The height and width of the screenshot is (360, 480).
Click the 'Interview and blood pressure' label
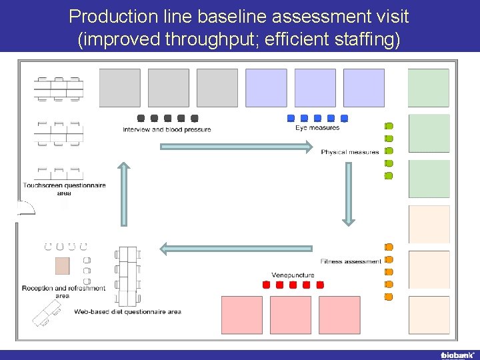pos(167,129)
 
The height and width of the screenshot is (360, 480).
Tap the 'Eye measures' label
pos(317,128)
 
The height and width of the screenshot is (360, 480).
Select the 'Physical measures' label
pos(350,152)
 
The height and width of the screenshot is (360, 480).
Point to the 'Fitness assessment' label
pos(351,261)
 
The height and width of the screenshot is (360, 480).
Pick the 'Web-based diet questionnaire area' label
pos(127,311)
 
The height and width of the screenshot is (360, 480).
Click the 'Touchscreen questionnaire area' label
pos(64,189)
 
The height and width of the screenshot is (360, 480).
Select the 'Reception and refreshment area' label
pos(63,292)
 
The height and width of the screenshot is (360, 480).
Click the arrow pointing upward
pos(123,194)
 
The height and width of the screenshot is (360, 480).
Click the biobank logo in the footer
pos(457,355)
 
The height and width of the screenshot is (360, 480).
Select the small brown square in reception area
pos(63,266)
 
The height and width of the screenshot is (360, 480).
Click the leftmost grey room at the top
pos(120,87)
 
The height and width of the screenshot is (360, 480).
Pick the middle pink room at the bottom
pos(291,315)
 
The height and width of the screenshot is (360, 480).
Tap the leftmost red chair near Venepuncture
pos(267,285)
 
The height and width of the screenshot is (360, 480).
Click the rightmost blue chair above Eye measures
pos(344,118)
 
